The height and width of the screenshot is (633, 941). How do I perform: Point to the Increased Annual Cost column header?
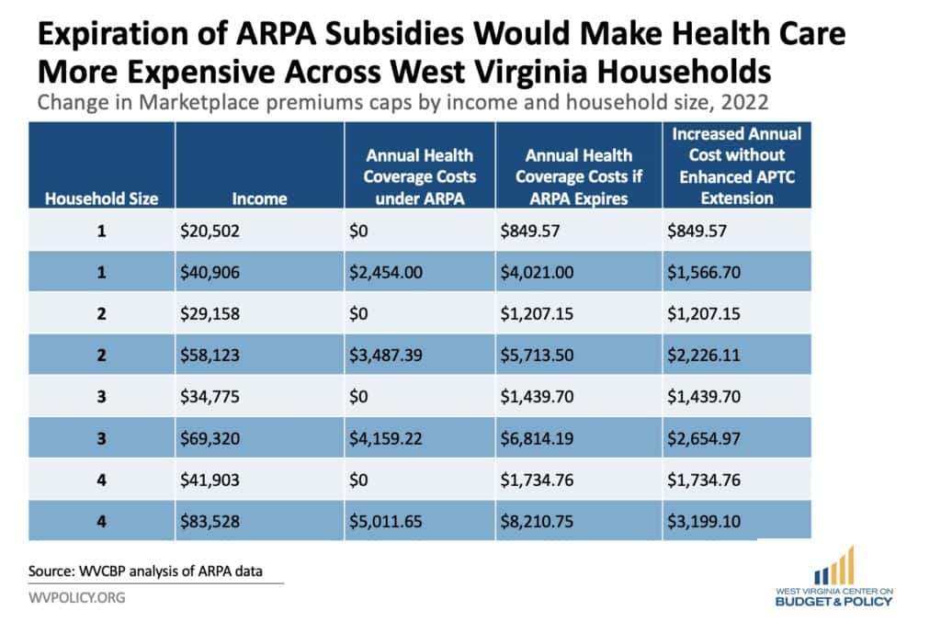coord(736,165)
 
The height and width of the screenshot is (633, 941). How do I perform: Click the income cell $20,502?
coord(210,232)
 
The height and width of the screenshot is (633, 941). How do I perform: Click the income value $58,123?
coord(210,355)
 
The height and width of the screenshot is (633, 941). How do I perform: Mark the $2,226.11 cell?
coord(705,355)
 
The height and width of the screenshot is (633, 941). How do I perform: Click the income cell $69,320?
coord(210,439)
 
